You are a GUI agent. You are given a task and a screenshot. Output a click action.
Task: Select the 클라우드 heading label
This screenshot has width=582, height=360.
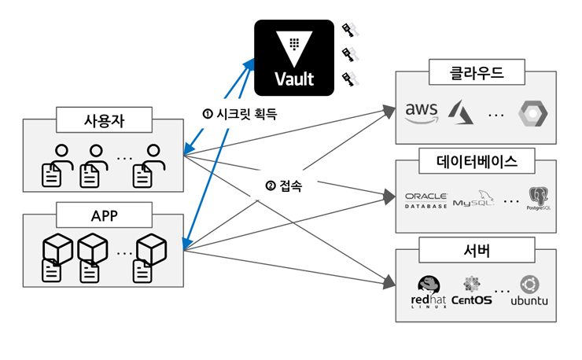pos(476,74)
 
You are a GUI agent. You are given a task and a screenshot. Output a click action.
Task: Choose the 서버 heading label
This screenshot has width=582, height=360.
pos(476,252)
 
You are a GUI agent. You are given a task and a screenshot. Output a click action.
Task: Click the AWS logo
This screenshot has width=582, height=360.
pos(422,112)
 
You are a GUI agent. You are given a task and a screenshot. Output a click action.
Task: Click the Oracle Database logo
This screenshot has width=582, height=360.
pos(425,200)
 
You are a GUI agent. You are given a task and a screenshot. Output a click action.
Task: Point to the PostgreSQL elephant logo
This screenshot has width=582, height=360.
pos(538,200)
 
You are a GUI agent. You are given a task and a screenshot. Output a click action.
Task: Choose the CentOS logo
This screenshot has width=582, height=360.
pos(472,291)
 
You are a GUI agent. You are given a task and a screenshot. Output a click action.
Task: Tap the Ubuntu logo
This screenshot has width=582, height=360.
pos(529,291)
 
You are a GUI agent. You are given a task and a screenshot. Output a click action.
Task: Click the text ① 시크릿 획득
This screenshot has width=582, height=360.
pos(240,112)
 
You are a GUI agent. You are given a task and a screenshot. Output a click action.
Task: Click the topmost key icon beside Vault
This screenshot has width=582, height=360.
pos(349,31)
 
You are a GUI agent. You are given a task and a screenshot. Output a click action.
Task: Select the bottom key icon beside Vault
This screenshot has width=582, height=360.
pos(349,79)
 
